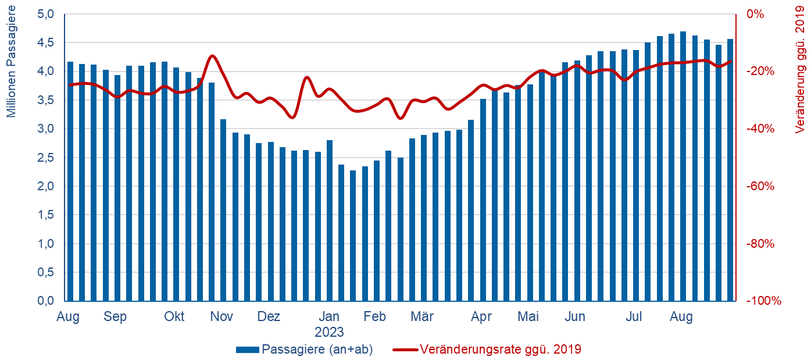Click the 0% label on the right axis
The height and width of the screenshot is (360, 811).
coord(756,14)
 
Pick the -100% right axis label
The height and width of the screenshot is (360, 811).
coord(762,301)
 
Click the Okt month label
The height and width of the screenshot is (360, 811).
coord(174,317)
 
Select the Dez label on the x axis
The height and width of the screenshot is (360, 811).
coord(269,317)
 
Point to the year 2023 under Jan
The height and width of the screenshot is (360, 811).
coord(329,333)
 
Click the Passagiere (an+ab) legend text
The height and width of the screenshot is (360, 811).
coord(317,350)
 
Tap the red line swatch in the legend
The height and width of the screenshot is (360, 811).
coord(405,350)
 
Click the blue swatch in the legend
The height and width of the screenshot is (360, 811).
coord(248,350)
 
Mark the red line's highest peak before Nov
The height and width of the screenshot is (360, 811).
coord(212,56)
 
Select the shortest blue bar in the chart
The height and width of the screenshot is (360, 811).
coord(353,236)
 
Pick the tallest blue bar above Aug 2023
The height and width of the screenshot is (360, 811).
coord(683,166)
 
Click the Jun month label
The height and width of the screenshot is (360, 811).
coord(575,317)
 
